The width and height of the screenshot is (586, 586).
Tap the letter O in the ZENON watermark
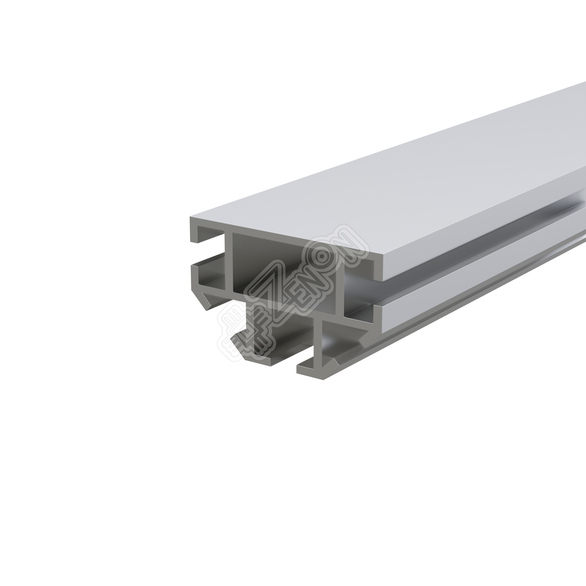(322, 257)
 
